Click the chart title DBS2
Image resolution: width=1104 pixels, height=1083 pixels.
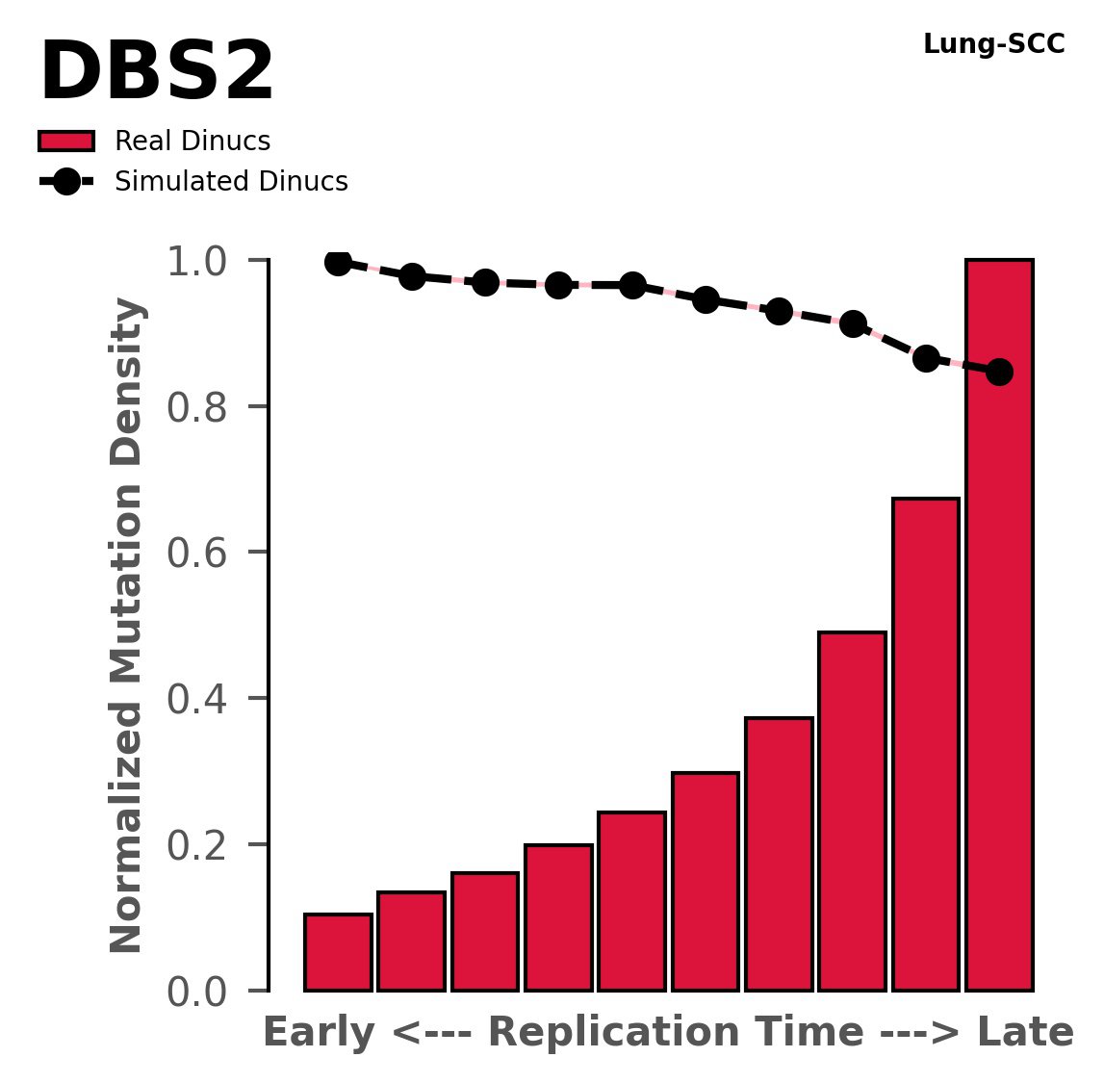pos(157,74)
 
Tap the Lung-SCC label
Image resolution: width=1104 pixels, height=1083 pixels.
pos(993,44)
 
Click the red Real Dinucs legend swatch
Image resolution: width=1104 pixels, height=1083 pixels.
pos(66,142)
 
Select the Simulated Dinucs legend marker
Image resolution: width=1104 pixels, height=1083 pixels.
pos(66,181)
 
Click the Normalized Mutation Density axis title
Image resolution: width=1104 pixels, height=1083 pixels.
pos(127,626)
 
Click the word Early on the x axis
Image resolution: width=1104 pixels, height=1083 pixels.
pos(319,1033)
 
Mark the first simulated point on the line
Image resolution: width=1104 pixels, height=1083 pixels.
pos(338,262)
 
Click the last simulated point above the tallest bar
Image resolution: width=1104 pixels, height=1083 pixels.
pos(999,372)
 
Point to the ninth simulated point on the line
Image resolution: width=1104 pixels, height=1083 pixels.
pos(926,358)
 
